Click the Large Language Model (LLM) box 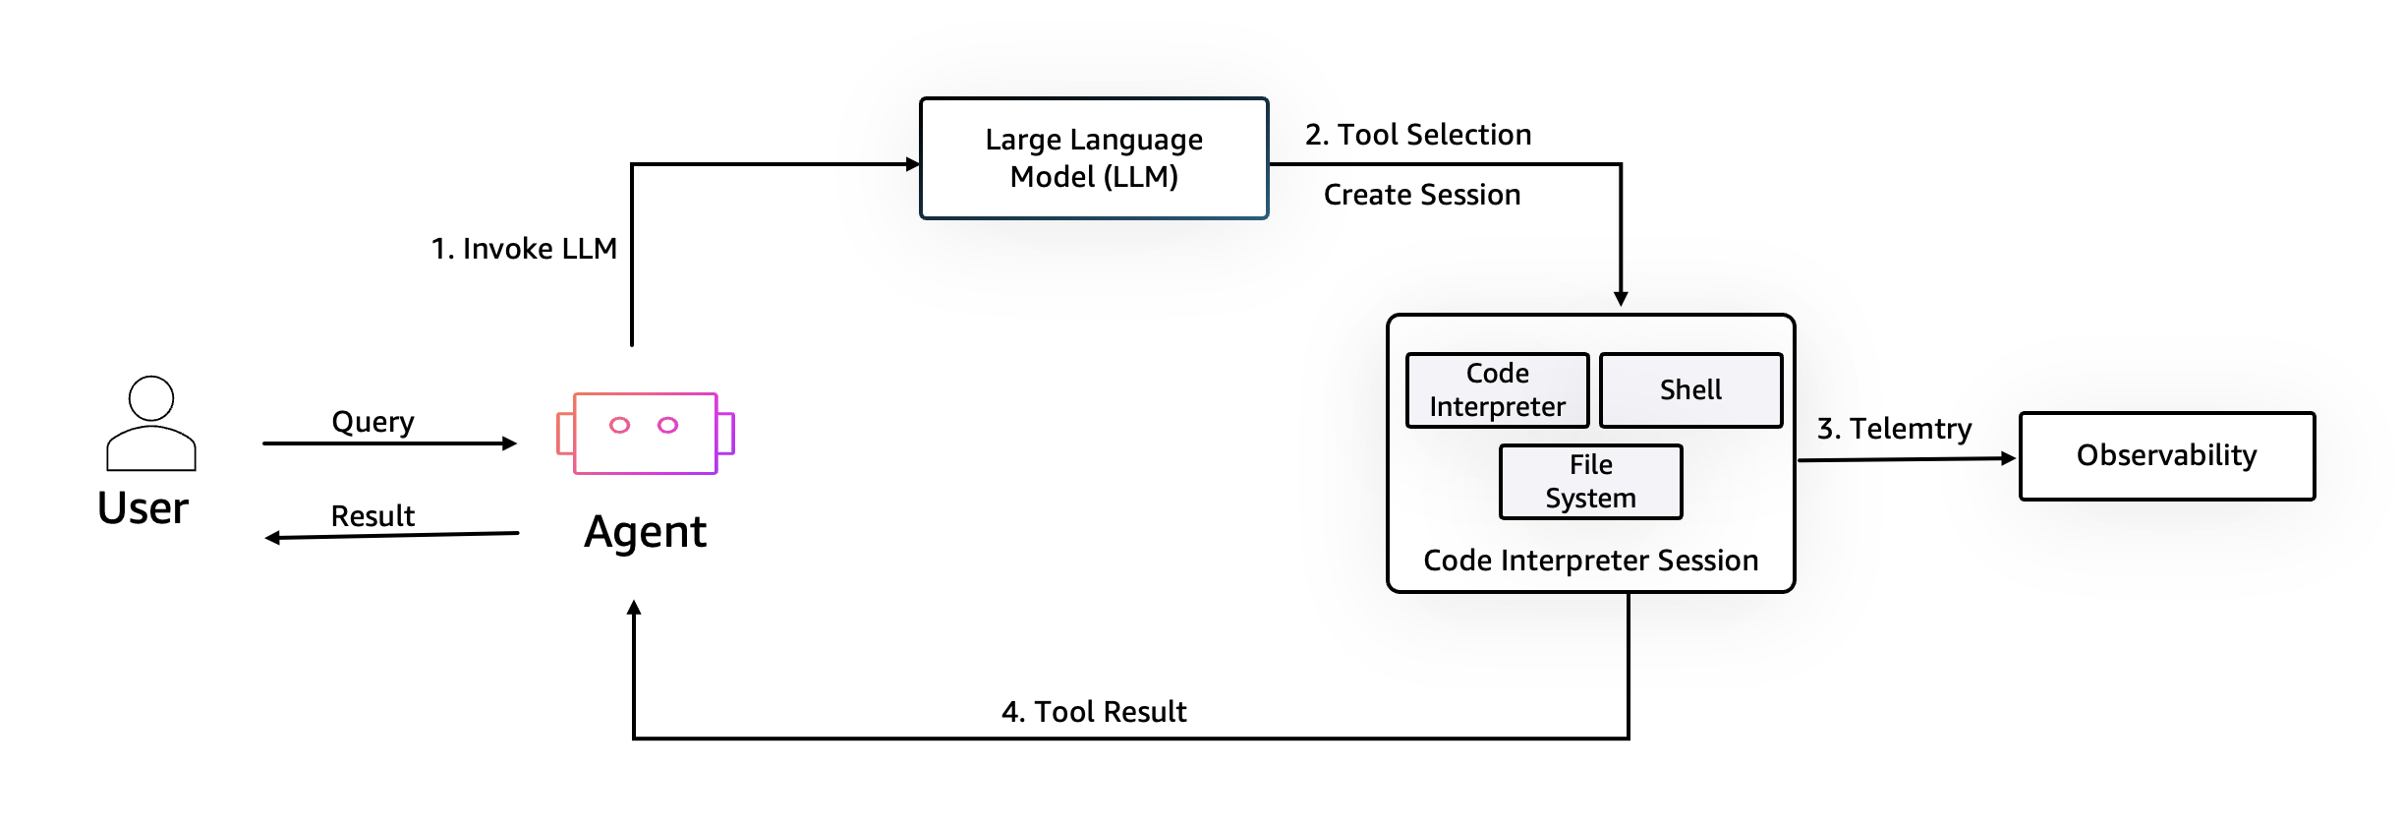[1093, 158]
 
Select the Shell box [1690, 390]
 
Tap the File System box [1590, 482]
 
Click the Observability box [2166, 456]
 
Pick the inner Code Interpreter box [1497, 390]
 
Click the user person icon [151, 424]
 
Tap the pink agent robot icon [646, 434]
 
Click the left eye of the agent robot [619, 425]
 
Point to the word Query [372, 422]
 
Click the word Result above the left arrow [372, 516]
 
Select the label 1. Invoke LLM [524, 249]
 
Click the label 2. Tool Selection [1417, 135]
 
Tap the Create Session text [1421, 195]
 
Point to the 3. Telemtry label [1893, 429]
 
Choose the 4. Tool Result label [1093, 712]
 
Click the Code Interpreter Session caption [1590, 561]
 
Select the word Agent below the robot [645, 533]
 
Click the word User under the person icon [143, 508]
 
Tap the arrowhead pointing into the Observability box [2008, 458]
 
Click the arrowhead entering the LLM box [912, 164]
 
